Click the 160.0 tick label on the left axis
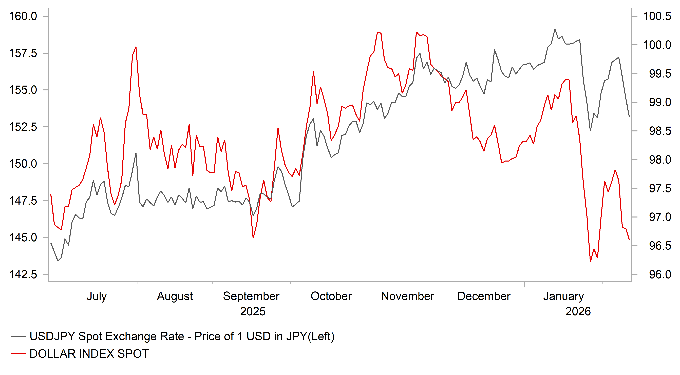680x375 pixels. click(x=23, y=16)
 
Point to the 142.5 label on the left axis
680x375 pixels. click(x=23, y=274)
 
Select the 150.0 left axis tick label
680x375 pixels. click(x=23, y=164)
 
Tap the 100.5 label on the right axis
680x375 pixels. click(x=657, y=16)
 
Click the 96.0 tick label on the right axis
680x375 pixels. click(x=660, y=274)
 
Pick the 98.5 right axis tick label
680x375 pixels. click(x=660, y=131)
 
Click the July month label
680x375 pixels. click(x=97, y=296)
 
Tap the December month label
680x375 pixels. click(x=484, y=296)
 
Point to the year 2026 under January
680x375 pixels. click(x=578, y=312)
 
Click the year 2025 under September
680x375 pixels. click(x=253, y=312)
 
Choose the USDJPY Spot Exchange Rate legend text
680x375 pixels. click(x=182, y=337)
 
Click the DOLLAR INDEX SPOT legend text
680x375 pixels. click(x=89, y=354)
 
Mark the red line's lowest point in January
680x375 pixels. click(x=590, y=262)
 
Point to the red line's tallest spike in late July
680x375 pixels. click(x=136, y=47)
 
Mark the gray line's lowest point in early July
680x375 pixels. click(x=58, y=261)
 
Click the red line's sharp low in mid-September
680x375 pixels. click(x=253, y=238)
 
